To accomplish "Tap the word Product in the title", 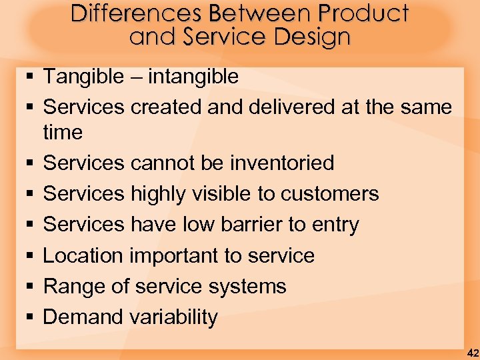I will pos(363,13).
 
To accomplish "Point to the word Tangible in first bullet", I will pos(83,77).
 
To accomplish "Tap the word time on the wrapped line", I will pos(63,133).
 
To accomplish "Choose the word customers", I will pos(329,194).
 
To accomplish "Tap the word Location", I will pos(83,255).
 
